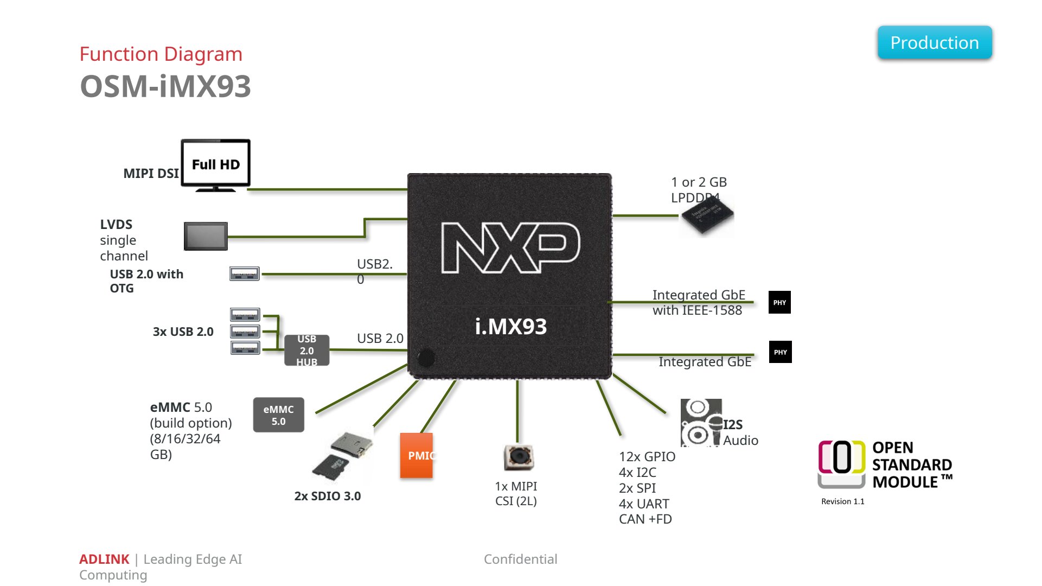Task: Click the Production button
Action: pyautogui.click(x=935, y=42)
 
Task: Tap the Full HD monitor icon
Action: pyautogui.click(x=215, y=165)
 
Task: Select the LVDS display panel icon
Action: pyautogui.click(x=206, y=236)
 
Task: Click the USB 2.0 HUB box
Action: pyautogui.click(x=307, y=351)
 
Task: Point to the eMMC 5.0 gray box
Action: pyautogui.click(x=279, y=415)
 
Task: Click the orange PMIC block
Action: pyautogui.click(x=417, y=455)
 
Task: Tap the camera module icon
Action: pyautogui.click(x=519, y=457)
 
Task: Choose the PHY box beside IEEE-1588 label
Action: pyautogui.click(x=779, y=302)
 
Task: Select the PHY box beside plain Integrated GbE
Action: pyautogui.click(x=781, y=352)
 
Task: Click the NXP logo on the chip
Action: pyautogui.click(x=510, y=247)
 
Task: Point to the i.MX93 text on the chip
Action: pyautogui.click(x=511, y=326)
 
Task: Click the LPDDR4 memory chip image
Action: pyautogui.click(x=707, y=216)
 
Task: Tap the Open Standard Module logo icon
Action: pyautogui.click(x=842, y=464)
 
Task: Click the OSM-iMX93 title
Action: pyautogui.click(x=165, y=86)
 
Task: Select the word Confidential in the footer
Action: pyautogui.click(x=521, y=559)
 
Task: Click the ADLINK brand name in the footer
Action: pyautogui.click(x=104, y=559)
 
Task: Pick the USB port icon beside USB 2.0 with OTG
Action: pyautogui.click(x=245, y=273)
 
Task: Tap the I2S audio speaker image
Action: pyautogui.click(x=701, y=423)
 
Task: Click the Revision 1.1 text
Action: pyautogui.click(x=843, y=501)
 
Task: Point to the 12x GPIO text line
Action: pyautogui.click(x=647, y=457)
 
